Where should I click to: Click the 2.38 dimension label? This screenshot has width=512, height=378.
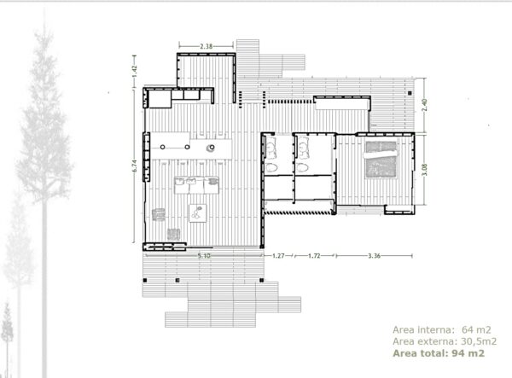coord(206,46)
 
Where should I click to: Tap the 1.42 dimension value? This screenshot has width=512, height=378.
coord(135,72)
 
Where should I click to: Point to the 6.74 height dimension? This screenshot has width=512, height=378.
coord(135,166)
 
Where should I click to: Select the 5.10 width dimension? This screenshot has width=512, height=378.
coord(204,256)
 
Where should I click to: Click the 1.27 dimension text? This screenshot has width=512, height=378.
coord(278,256)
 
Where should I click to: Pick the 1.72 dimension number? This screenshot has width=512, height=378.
coord(314,256)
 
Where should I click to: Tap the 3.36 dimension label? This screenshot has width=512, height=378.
coord(375,256)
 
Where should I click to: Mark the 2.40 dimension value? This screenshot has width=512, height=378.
coord(424,105)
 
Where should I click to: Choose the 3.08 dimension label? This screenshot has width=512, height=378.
coord(424,170)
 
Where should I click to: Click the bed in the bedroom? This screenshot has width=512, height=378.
coord(381,160)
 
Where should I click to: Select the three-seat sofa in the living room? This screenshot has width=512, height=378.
coord(196,185)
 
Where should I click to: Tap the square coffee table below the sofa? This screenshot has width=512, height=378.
coord(198,213)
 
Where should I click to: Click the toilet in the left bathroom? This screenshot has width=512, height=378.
coord(271,168)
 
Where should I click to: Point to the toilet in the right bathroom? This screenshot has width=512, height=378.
coord(302,168)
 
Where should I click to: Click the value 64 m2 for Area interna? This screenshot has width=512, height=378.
coord(476,330)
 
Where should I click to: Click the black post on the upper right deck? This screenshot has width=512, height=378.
coord(410,93)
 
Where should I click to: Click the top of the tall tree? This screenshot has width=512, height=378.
coord(44,9)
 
